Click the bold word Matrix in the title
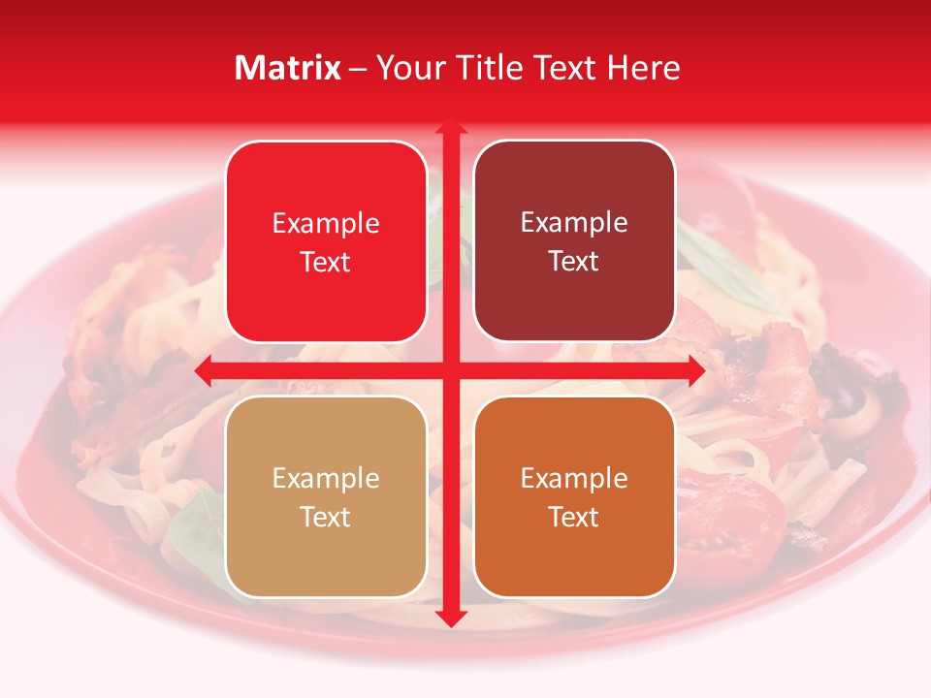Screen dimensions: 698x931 coord(288,68)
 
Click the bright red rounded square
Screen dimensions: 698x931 coord(326,241)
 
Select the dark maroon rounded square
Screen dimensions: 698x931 coord(574,241)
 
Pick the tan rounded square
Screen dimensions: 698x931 coord(326,496)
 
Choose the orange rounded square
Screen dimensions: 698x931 coord(574,496)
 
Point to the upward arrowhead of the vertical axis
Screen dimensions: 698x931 coord(450,129)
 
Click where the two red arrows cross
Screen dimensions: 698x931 coord(450,370)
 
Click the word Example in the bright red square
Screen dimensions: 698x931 coord(326,224)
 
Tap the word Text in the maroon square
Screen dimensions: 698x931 coord(574,261)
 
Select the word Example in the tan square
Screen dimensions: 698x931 coord(326,479)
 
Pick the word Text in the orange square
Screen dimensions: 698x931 coord(574,517)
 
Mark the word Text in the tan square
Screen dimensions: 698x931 coord(326,517)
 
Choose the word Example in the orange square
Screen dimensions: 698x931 coord(574,479)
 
